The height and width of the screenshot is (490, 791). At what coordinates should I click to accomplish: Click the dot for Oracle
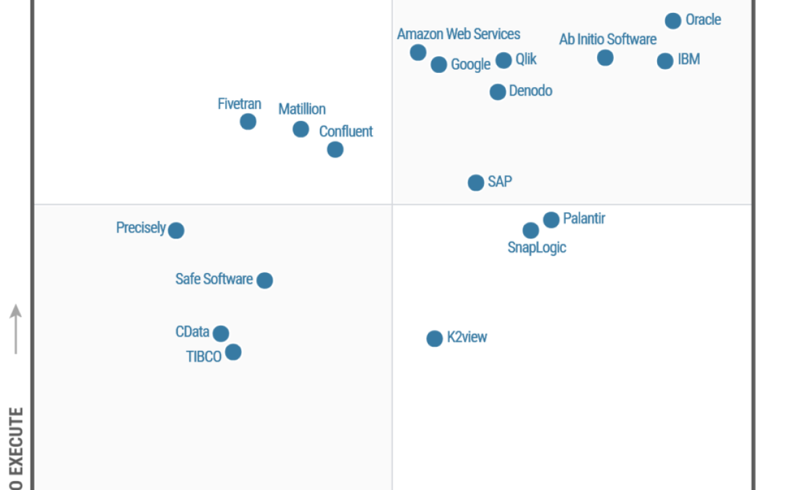[x=673, y=21]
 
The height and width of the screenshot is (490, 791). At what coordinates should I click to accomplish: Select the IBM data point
[x=665, y=61]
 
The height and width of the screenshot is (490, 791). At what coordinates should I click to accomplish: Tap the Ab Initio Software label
[x=607, y=39]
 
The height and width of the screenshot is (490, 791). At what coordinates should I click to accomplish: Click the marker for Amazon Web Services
[x=418, y=52]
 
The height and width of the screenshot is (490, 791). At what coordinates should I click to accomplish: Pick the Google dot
[x=439, y=64]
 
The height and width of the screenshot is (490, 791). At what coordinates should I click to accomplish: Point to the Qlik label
[x=526, y=59]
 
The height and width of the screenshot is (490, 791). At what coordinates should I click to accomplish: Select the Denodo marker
[x=498, y=92]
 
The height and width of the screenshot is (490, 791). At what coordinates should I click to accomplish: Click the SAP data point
[x=476, y=182]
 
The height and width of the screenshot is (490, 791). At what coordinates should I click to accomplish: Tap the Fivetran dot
[x=248, y=122]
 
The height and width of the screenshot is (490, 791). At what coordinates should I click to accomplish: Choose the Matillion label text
[x=302, y=109]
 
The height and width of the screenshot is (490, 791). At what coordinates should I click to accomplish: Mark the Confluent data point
[x=335, y=149]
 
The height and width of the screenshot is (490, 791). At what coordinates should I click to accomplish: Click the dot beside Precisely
[x=176, y=230]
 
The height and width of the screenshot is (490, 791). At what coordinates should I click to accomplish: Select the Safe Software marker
[x=265, y=280]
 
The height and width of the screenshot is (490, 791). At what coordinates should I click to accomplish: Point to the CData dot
[x=221, y=333]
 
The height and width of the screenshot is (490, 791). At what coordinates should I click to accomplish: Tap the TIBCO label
[x=203, y=356]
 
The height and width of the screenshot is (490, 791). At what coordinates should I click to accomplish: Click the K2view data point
[x=435, y=339]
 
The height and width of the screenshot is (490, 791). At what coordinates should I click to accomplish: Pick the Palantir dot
[x=552, y=220]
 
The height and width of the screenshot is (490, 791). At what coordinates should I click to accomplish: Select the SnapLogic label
[x=537, y=247]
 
